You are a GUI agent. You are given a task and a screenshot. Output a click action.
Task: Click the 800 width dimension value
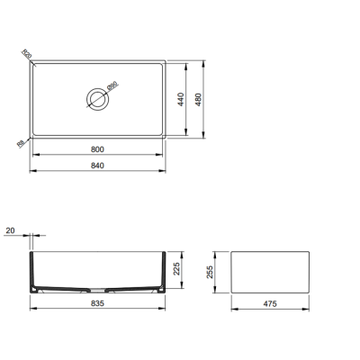(x=98, y=148)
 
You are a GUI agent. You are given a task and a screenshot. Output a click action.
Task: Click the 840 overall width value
(x=98, y=166)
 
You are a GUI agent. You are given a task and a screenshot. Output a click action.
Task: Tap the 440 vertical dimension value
(x=182, y=99)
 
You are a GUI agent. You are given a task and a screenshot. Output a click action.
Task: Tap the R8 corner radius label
(x=21, y=143)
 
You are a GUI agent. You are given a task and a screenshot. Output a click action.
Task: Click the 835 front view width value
(x=98, y=305)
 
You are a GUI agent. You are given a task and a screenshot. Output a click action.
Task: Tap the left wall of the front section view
(x=34, y=270)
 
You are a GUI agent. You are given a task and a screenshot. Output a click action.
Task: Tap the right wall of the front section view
(x=163, y=270)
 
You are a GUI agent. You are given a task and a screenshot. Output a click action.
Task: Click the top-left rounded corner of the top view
(x=33, y=63)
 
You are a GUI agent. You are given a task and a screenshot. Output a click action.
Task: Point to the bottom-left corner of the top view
(x=33, y=135)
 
